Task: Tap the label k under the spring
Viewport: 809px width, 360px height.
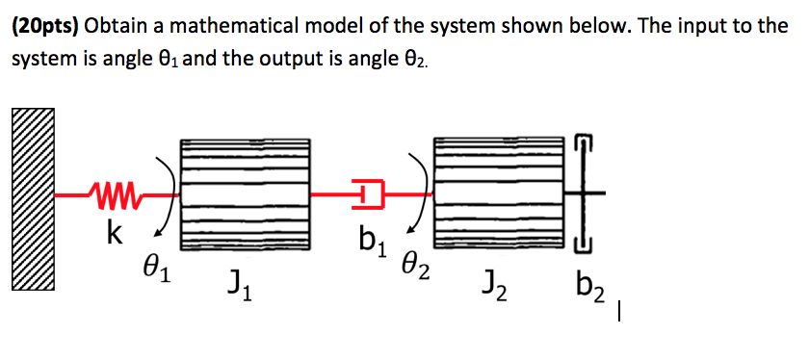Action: tap(114, 235)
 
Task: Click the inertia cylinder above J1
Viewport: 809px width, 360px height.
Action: tap(248, 193)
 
